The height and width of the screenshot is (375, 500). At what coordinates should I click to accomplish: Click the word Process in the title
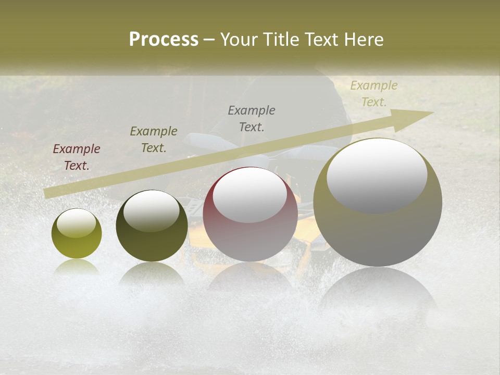click(x=164, y=40)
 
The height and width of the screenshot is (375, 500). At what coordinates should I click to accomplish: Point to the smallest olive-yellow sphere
click(x=77, y=234)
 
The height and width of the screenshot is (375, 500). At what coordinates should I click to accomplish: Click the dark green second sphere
click(x=152, y=226)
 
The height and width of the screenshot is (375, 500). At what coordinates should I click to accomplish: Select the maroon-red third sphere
click(x=250, y=215)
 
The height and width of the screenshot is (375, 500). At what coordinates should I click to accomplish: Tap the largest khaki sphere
click(x=378, y=203)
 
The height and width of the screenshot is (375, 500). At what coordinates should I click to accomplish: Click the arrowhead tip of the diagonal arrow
click(x=432, y=113)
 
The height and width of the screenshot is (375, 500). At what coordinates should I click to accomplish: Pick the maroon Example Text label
click(x=77, y=157)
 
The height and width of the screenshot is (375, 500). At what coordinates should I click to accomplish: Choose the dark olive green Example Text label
click(x=154, y=140)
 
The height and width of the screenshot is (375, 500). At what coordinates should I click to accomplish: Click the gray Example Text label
click(x=252, y=119)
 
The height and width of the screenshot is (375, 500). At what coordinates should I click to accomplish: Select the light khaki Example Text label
click(x=373, y=94)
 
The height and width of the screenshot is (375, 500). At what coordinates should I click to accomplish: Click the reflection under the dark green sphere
click(x=152, y=276)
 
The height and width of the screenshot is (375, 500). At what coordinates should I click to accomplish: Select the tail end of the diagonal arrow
click(x=47, y=193)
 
